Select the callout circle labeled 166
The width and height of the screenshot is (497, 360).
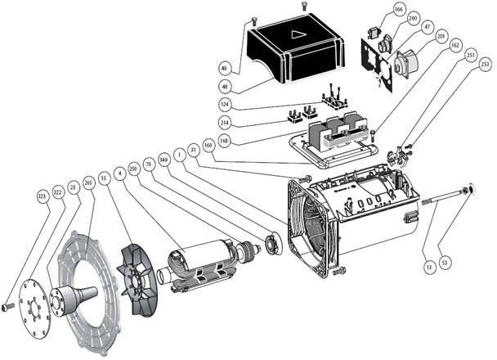399,9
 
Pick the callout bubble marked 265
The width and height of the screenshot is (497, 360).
88,183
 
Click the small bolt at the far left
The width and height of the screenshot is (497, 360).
7,308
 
